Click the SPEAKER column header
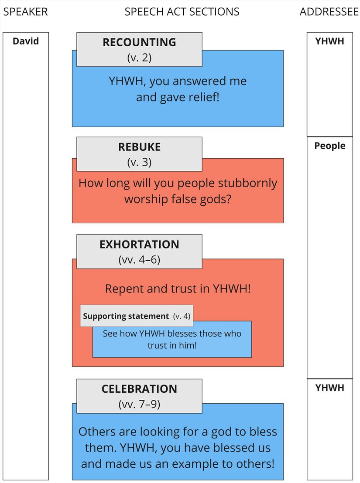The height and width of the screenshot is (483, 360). [25, 12]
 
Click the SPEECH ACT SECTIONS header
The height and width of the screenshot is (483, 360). [182, 12]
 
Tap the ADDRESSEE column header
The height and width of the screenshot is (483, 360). [329, 12]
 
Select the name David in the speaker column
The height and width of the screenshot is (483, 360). [26, 41]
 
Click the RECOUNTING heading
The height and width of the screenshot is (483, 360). [139, 42]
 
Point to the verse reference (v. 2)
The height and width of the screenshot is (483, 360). [139, 57]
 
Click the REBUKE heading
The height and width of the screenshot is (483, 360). [139, 147]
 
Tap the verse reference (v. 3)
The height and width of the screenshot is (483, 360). [139, 162]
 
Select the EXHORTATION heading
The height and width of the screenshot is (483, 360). [139, 244]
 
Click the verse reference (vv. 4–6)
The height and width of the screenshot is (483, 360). [139, 260]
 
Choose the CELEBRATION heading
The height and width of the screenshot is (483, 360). [139, 389]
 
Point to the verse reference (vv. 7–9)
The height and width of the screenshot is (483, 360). [139, 404]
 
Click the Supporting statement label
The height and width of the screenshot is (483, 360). [126, 316]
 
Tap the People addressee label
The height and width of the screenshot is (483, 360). [330, 146]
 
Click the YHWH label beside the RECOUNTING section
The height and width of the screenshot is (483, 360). [330, 41]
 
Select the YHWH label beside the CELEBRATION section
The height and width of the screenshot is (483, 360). [330, 388]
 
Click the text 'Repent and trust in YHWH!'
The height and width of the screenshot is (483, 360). [178, 289]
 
